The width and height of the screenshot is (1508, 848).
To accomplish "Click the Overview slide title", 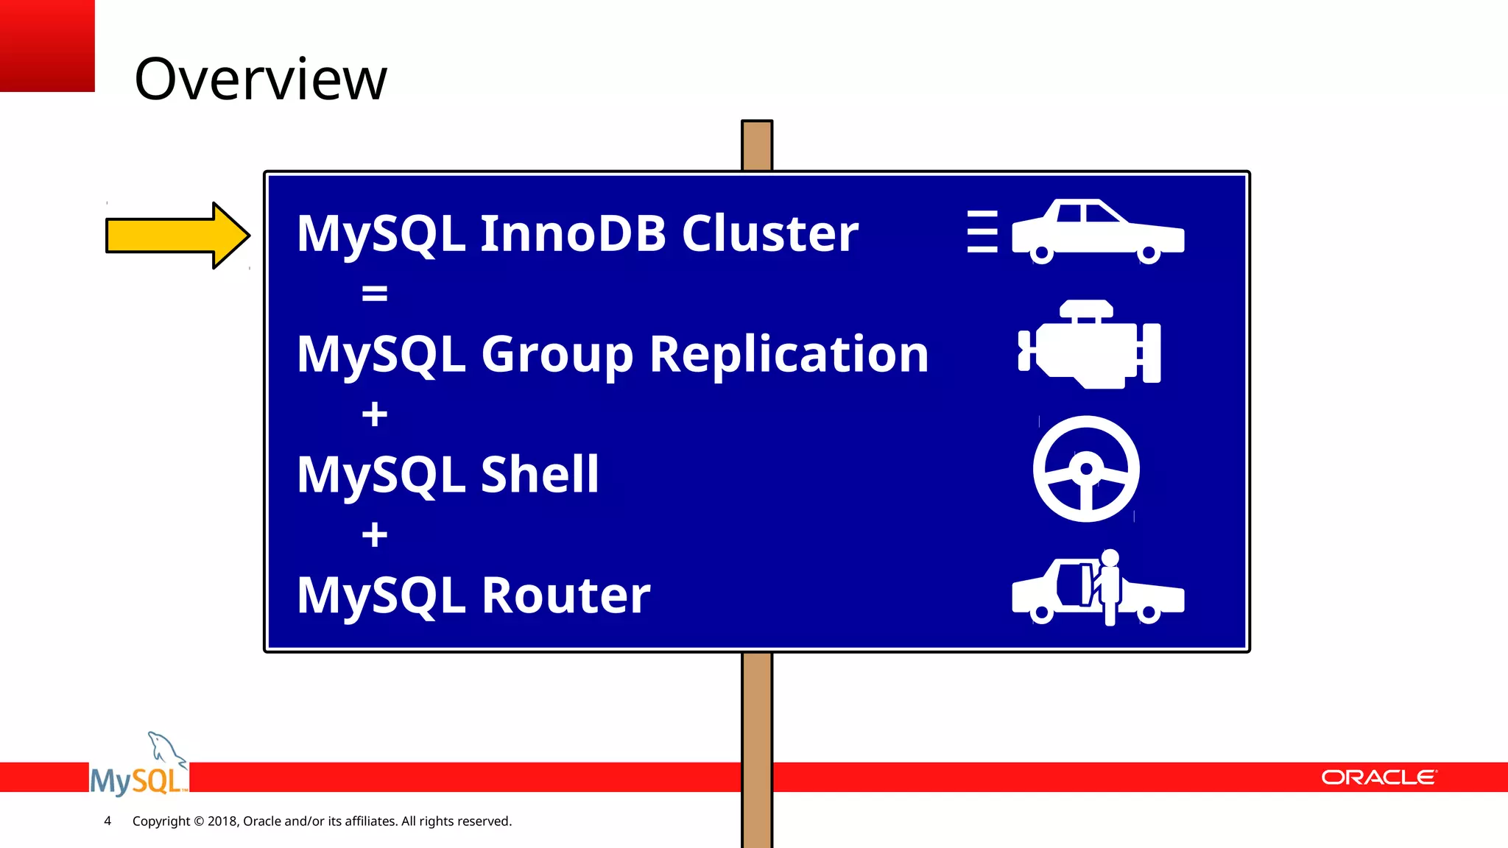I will (x=260, y=79).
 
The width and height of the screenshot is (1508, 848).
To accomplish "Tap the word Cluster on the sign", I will (x=769, y=233).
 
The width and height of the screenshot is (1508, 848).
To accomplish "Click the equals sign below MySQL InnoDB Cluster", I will (x=374, y=294).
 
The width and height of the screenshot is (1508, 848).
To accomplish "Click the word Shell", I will (x=540, y=474).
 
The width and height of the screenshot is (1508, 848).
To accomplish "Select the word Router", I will (x=565, y=595).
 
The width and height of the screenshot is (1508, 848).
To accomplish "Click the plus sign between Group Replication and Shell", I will (x=374, y=414).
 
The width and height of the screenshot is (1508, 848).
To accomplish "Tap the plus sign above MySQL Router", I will (x=374, y=534).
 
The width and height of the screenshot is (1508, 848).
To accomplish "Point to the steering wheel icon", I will (x=1086, y=469).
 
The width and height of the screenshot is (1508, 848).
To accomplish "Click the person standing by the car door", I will (x=1109, y=585).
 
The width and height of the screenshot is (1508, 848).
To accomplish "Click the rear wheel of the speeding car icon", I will (x=1041, y=254).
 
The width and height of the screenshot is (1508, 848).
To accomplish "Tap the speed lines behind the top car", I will (x=982, y=232).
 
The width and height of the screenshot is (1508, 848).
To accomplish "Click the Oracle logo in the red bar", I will (x=1378, y=777).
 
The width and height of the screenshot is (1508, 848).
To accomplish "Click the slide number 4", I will (x=108, y=821).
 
